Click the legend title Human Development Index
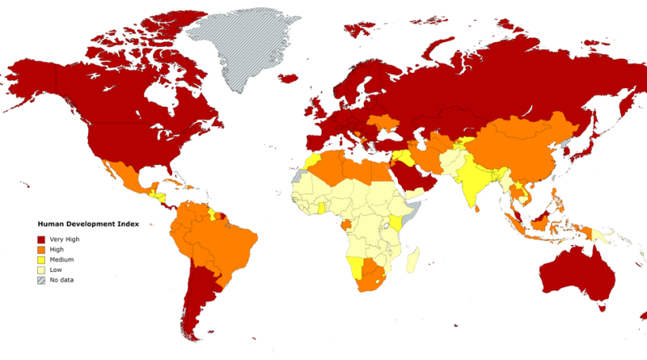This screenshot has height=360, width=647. tap(87, 224)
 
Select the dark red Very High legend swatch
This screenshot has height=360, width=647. tap(42, 239)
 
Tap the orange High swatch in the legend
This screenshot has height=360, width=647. tap(42, 250)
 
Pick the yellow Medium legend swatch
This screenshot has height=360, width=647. tap(42, 260)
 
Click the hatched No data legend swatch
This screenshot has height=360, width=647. tap(42, 280)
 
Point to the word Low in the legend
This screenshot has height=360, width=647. tap(57, 270)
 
